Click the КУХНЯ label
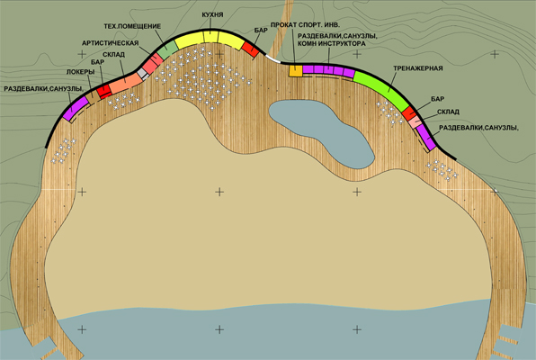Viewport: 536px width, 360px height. point(212,14)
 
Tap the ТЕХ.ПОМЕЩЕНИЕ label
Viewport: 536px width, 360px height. point(132,26)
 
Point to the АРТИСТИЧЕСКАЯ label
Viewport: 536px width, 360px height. point(110,43)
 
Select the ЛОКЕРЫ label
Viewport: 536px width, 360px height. point(80,72)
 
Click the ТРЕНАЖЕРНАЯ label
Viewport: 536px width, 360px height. point(417,68)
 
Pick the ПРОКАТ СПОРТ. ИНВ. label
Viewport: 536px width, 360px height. point(305,25)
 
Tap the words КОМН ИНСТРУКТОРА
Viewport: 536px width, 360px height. point(331,43)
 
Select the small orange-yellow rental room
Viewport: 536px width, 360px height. point(296,71)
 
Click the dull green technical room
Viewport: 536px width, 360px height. point(167,49)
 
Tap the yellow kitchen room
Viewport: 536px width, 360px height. point(210,40)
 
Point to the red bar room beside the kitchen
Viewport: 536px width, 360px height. point(251,49)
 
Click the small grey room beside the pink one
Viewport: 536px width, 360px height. point(143,74)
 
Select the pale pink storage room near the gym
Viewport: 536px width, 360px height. point(415,121)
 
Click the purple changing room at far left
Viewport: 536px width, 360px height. point(76,109)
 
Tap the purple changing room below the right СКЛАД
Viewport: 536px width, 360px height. point(426,137)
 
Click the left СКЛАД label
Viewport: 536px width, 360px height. point(113,55)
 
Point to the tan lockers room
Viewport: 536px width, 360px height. point(93,97)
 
